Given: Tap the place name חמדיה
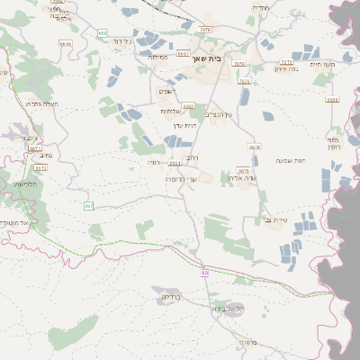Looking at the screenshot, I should pyautogui.click(x=261, y=7).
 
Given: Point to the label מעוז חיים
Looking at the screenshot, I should pyautogui.click(x=321, y=64).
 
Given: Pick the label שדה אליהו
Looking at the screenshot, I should pyautogui.click(x=244, y=178).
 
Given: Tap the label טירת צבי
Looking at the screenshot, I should pyautogui.click(x=276, y=220).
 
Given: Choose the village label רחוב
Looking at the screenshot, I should pyautogui.click(x=203, y=157).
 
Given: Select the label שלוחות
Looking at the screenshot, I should pyautogui.click(x=172, y=111).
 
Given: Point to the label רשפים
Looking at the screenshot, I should pyautogui.click(x=168, y=91).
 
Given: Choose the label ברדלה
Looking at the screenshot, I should pyautogui.click(x=171, y=296).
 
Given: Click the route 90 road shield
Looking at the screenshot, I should pyautogui.click(x=205, y=272).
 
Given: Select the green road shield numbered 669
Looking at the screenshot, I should pyautogui.click(x=103, y=32).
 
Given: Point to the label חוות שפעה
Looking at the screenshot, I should pyautogui.click(x=290, y=160).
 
